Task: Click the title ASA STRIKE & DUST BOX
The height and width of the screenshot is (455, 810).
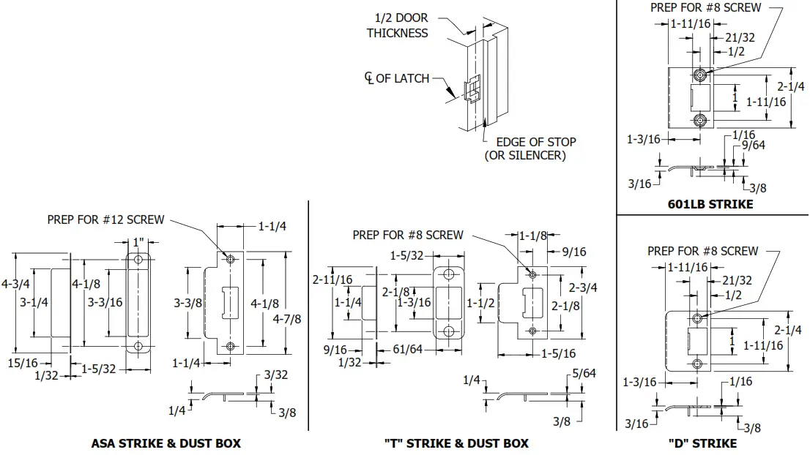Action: click(166, 443)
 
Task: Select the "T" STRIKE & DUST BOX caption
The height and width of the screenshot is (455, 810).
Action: click(456, 443)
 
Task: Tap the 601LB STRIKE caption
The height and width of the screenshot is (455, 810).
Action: click(710, 204)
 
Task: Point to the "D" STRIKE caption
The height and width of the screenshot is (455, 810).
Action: click(702, 443)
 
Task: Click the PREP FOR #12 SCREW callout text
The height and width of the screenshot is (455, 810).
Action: click(105, 219)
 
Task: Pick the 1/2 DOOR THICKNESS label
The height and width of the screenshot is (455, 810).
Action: click(397, 26)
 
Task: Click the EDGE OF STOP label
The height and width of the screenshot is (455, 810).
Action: click(535, 142)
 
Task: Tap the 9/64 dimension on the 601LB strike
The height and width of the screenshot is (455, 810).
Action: click(754, 145)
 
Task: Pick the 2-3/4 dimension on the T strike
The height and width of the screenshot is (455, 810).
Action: click(583, 287)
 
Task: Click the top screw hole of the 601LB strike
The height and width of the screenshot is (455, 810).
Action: click(701, 75)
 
